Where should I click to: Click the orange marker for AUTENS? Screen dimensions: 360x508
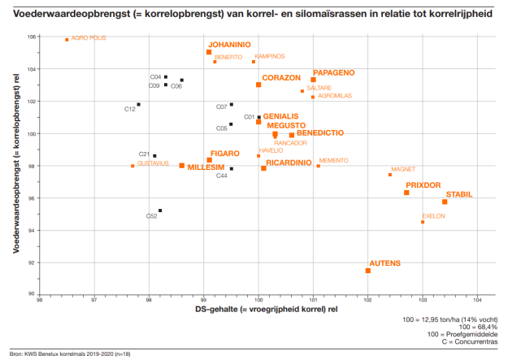[x=368, y=271]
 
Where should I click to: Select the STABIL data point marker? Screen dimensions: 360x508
[x=445, y=202]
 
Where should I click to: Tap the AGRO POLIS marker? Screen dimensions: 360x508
[x=67, y=39]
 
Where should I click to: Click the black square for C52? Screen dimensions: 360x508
[x=160, y=210]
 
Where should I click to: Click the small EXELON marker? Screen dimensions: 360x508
[x=423, y=222]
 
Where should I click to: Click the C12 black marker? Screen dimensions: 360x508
[x=139, y=105]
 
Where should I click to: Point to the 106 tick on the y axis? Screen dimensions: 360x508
[x=32, y=37]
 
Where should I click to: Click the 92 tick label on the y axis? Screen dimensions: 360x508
[x=33, y=262]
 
